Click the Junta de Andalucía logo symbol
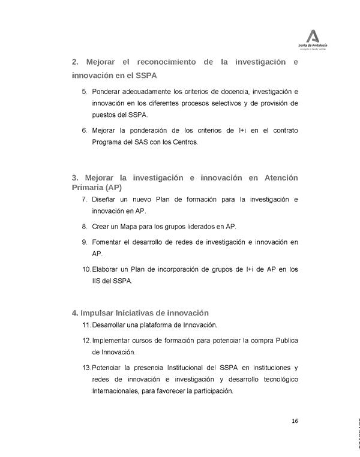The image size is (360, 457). (x=313, y=35)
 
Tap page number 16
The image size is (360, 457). (x=295, y=420)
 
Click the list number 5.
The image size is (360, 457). (x=84, y=92)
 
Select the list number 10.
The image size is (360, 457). (x=86, y=269)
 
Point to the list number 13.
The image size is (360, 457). (x=86, y=367)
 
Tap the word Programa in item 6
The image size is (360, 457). (x=109, y=142)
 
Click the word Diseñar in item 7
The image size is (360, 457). (x=105, y=199)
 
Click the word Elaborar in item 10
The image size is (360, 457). (x=107, y=269)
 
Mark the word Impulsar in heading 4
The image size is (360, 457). (x=97, y=312)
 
